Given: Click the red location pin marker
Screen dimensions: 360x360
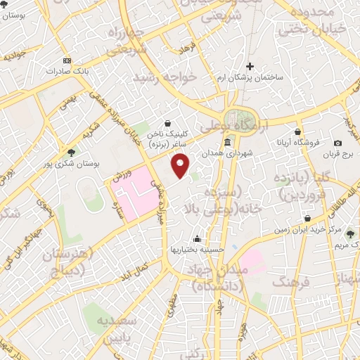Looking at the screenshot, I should [x=181, y=165].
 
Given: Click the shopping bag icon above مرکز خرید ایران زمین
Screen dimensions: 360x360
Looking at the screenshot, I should [x=307, y=219].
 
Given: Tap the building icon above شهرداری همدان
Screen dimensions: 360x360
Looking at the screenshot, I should [x=226, y=143].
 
